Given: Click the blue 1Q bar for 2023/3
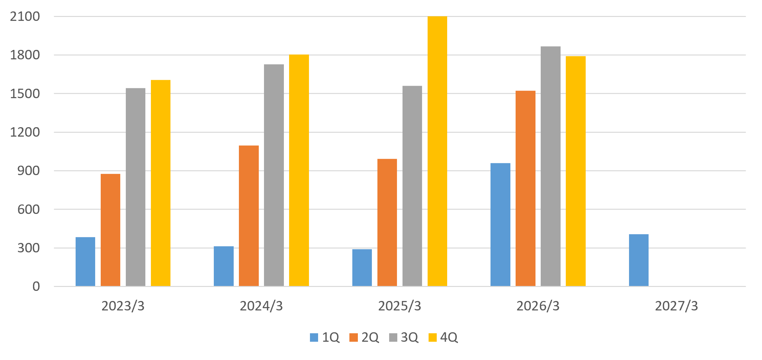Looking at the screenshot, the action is pyautogui.click(x=85, y=262).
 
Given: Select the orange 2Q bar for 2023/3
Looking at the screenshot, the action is pyautogui.click(x=110, y=230).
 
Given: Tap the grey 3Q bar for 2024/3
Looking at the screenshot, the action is pyautogui.click(x=274, y=175).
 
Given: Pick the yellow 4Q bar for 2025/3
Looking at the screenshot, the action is pyautogui.click(x=437, y=151).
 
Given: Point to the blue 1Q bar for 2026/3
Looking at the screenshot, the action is pyautogui.click(x=500, y=225).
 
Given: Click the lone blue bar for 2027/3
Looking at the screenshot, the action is pyautogui.click(x=639, y=260).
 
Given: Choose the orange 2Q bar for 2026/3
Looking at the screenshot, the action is pyautogui.click(x=525, y=188).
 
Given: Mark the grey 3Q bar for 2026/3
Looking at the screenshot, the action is pyautogui.click(x=550, y=166).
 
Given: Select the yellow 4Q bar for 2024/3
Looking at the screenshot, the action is pyautogui.click(x=299, y=171).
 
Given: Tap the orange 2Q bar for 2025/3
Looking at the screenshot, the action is pyautogui.click(x=387, y=223).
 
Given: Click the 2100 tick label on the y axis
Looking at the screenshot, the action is pyautogui.click(x=25, y=16).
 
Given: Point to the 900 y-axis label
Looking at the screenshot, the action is pyautogui.click(x=29, y=171).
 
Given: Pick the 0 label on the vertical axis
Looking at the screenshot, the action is pyautogui.click(x=36, y=286).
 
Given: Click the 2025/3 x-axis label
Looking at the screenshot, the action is pyautogui.click(x=400, y=306).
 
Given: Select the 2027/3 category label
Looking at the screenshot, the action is pyautogui.click(x=677, y=306).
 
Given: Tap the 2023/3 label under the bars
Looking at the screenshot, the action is pyautogui.click(x=123, y=306).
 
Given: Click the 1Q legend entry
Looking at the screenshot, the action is pyautogui.click(x=325, y=337).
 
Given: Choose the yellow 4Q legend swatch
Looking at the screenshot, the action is pyautogui.click(x=432, y=337).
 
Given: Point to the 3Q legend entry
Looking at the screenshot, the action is pyautogui.click(x=404, y=337).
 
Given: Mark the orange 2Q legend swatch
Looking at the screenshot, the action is pyautogui.click(x=353, y=337).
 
